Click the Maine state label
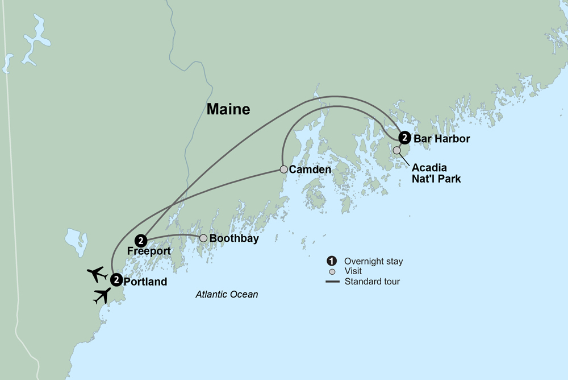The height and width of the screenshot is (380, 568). click(x=228, y=109)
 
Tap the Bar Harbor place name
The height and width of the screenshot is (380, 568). click(x=441, y=138)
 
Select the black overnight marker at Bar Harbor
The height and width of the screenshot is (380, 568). click(x=404, y=138)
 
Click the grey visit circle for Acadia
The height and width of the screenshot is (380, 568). click(x=396, y=150)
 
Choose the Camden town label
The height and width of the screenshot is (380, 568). click(x=310, y=170)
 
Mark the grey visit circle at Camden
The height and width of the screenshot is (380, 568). click(x=283, y=169)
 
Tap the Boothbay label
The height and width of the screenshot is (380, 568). click(x=234, y=239)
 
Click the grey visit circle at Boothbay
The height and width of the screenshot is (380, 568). click(x=203, y=238)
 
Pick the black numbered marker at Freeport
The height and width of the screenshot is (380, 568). click(x=141, y=240)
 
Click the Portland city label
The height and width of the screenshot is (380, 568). click(x=145, y=282)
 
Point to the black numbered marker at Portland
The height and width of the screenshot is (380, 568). click(x=116, y=279)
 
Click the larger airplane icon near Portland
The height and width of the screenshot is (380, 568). click(x=102, y=295)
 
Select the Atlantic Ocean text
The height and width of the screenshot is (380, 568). click(x=227, y=295)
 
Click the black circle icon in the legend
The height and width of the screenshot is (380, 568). click(x=331, y=261)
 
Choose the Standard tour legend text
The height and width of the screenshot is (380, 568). click(x=372, y=281)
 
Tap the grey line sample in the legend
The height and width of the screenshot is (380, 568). click(x=332, y=281)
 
